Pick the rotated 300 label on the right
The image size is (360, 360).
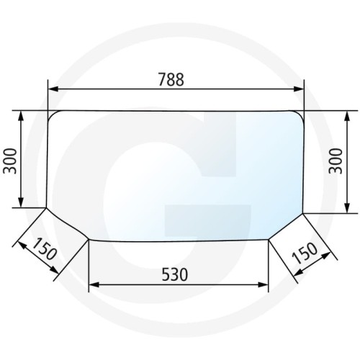click(336, 161)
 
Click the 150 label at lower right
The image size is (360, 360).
click(305, 253)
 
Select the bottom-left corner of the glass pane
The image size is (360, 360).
click(89, 240)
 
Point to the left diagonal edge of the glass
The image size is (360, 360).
click(67, 224)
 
